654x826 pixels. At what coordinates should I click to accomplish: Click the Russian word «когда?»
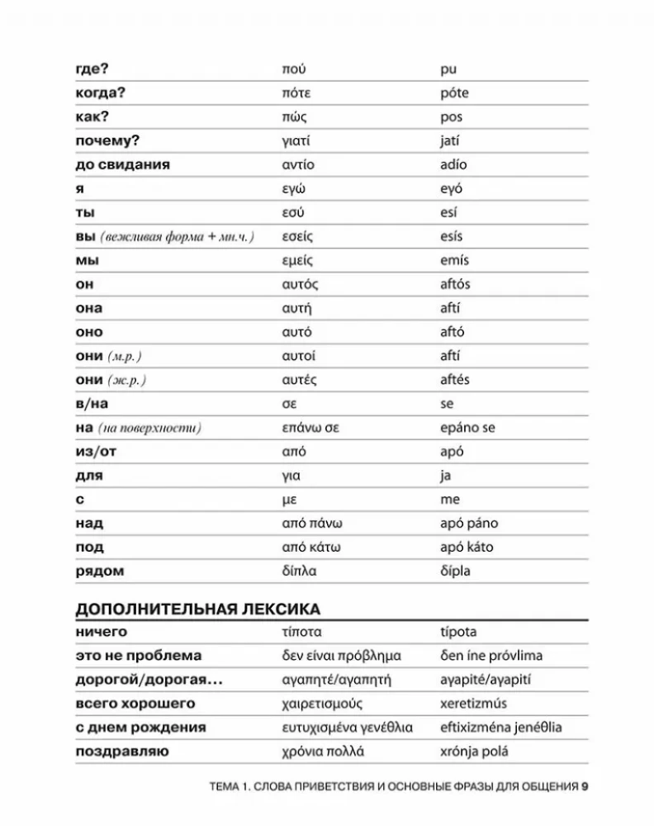click(x=104, y=93)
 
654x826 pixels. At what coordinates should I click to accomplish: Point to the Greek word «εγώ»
click(x=293, y=188)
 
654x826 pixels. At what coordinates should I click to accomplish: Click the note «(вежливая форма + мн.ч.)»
click(x=177, y=236)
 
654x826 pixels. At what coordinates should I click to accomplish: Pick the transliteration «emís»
click(x=454, y=260)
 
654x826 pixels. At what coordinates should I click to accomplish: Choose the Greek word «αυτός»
click(x=299, y=284)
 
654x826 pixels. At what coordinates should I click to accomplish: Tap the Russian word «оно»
click(x=89, y=332)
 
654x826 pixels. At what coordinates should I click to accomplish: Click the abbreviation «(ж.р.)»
click(x=127, y=380)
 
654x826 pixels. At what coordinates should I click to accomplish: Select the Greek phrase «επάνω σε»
click(x=310, y=428)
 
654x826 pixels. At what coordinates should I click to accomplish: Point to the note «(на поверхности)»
click(x=149, y=428)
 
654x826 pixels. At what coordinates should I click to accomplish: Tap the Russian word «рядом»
click(x=100, y=571)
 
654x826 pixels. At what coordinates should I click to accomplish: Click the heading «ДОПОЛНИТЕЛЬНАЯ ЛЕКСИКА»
click(x=197, y=610)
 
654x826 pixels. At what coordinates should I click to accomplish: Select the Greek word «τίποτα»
click(x=301, y=632)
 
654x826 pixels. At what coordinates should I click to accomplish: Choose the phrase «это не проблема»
click(x=138, y=656)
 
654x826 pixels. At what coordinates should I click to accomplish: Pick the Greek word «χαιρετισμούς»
click(x=322, y=704)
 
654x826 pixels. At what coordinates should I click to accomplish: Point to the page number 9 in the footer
click(x=584, y=786)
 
